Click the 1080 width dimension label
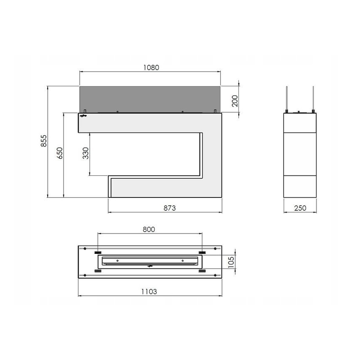[151, 67]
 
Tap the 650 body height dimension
[60, 154]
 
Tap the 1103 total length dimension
[148, 292]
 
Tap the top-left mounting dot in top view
[85, 249]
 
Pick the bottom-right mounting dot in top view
[215, 275]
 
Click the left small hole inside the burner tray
[118, 260]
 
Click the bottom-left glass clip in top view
[97, 271]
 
